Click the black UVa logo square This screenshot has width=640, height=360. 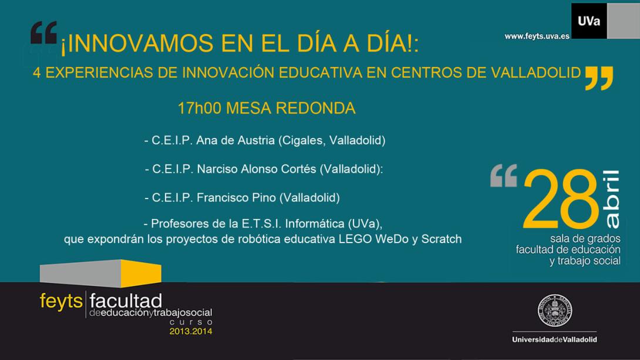point(589,21)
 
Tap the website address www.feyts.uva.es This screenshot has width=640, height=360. point(537,36)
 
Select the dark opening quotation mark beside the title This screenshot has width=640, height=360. point(43,33)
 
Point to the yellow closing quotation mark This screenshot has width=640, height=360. point(599,78)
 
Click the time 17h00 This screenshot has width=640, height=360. point(199,108)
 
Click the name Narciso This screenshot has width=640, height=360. point(217,169)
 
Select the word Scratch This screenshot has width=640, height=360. point(441,239)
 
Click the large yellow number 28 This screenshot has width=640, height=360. point(560,199)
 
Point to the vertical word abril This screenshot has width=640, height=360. point(611,199)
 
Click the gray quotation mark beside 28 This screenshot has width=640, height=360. point(504,176)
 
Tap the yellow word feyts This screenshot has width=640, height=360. point(61,302)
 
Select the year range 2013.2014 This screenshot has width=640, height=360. point(191,331)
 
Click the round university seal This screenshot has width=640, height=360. point(555,311)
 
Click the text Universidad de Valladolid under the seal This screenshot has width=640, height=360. point(555,339)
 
